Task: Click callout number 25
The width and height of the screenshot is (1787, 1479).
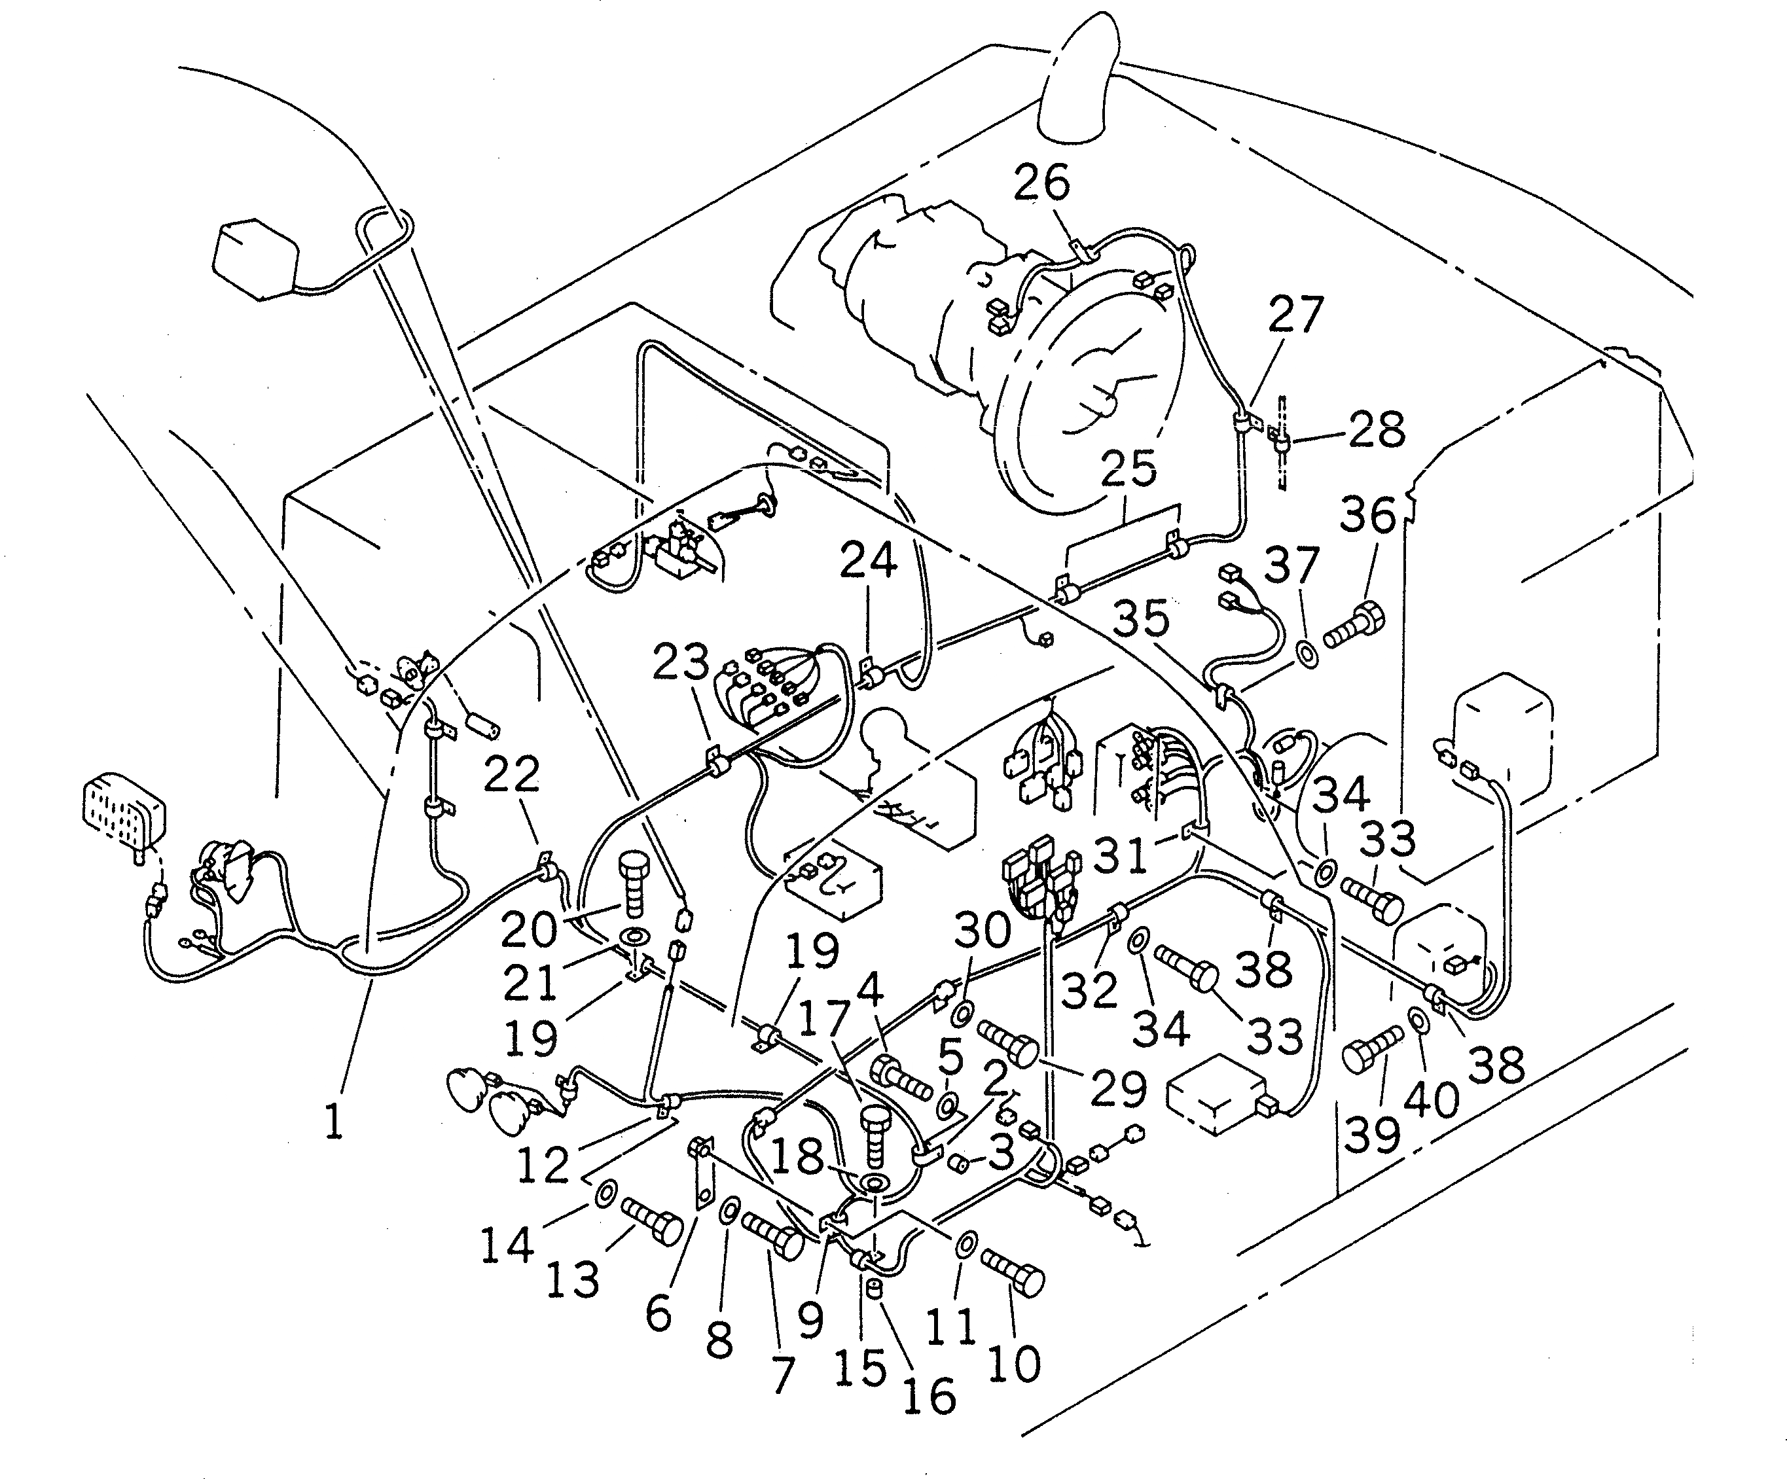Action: tap(1128, 468)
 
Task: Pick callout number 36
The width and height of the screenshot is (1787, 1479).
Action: tap(1368, 515)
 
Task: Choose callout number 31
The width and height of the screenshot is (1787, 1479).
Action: tap(1120, 855)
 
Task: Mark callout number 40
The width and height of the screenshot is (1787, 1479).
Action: tap(1432, 1097)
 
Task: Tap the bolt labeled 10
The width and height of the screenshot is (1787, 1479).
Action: tap(1013, 1270)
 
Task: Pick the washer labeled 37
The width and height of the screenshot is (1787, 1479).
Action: tap(1307, 654)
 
